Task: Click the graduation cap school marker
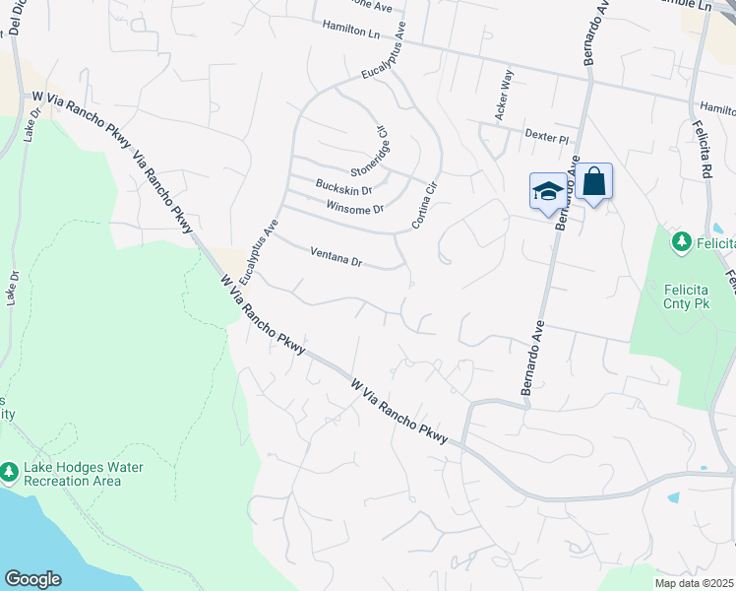pos(548,191)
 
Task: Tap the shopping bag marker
pos(594,182)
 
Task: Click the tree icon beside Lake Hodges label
pos(10,474)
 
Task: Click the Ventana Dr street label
pos(337,258)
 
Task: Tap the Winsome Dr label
pos(353,206)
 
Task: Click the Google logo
pos(32,578)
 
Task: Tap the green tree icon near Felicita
pos(679,240)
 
